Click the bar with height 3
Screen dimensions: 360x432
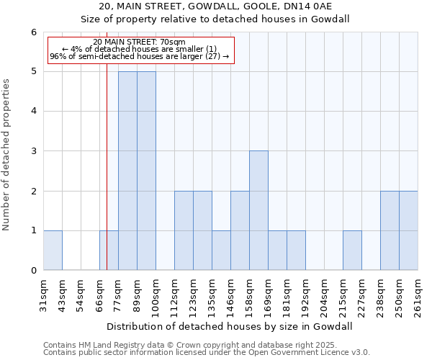(258, 210)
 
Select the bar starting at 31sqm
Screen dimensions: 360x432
(53, 250)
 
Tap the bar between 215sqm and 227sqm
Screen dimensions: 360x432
(352, 250)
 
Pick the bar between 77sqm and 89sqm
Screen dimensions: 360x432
(127, 171)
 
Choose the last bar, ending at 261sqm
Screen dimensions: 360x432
(408, 230)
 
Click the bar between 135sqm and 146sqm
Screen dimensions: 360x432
(221, 250)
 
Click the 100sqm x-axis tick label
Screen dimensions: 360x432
(156, 294)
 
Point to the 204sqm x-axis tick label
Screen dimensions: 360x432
(325, 294)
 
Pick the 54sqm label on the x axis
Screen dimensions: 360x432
(81, 293)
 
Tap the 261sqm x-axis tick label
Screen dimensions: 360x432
(418, 294)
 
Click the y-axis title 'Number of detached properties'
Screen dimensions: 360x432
(7, 155)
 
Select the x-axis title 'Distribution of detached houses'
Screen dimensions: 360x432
(230, 326)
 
